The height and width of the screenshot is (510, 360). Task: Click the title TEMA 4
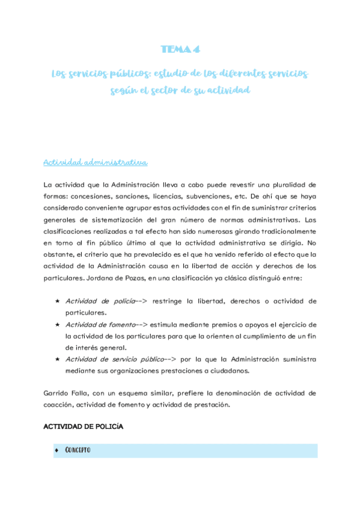179,49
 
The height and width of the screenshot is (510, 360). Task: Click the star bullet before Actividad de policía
56,301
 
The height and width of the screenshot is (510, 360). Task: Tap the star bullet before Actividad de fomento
56,324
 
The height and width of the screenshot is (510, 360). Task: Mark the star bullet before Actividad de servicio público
56,359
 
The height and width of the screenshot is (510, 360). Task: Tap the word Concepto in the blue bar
78,450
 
